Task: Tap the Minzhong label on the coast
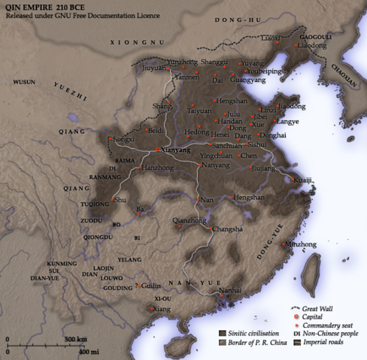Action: click(299, 245)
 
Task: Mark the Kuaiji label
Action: click(303, 180)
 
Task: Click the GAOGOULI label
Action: click(314, 36)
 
